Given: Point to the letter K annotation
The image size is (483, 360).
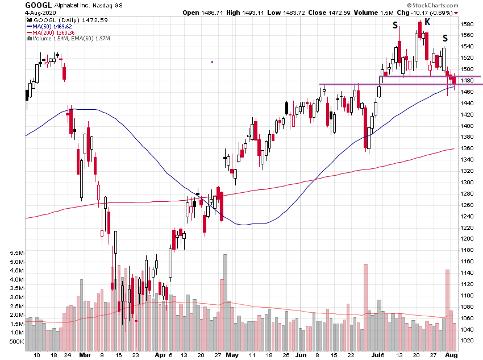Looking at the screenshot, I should (427, 22).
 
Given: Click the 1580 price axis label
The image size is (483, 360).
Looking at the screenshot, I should (468, 24).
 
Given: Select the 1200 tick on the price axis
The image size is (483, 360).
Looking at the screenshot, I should (468, 239).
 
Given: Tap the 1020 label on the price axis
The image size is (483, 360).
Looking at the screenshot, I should (468, 340).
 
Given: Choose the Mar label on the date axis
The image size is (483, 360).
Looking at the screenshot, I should (86, 354).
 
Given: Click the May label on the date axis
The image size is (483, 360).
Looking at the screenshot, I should (232, 354).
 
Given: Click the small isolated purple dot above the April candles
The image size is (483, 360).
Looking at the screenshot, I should (212, 62).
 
